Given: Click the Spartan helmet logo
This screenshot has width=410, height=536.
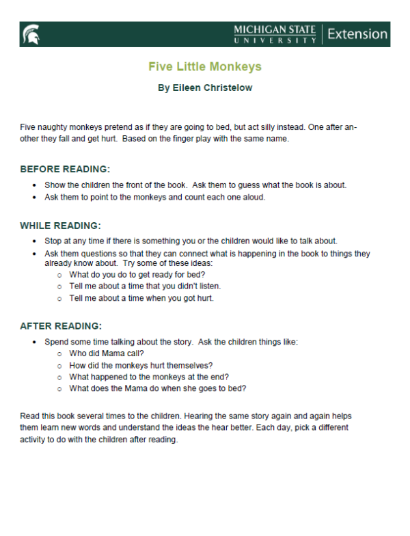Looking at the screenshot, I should coord(31,34).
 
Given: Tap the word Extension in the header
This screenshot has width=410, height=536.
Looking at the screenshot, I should coord(357,34).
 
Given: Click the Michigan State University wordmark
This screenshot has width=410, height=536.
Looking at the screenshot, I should coord(275,34).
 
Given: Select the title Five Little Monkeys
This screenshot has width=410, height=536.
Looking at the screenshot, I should coord(205,67).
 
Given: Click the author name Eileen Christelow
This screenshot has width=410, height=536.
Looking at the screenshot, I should coord(205,88).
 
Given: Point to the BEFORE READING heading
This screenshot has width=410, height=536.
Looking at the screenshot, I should coord(65,169).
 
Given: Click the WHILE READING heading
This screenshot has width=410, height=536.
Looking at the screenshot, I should coord(61,225).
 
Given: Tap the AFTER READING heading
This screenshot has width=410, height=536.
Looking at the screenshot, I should coord(61,325).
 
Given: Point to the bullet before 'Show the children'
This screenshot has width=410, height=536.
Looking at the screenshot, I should coord(35,185).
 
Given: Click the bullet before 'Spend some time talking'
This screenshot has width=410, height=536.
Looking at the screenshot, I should coord(35,341).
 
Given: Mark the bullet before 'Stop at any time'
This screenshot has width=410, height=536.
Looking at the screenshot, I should coord(35,241).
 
